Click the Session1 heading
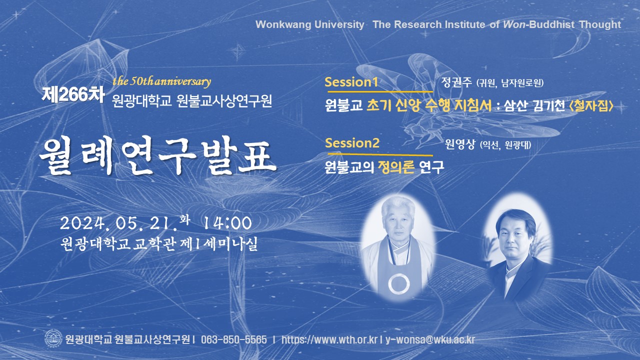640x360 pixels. click(351, 82)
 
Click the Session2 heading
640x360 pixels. click(352, 142)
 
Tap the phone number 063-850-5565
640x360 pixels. click(233, 339)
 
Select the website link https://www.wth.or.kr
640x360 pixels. click(329, 339)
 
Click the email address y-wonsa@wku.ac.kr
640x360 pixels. click(430, 339)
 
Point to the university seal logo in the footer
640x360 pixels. click(53, 339)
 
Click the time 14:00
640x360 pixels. click(227, 223)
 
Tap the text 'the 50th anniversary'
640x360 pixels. click(161, 81)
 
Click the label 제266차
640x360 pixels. click(73, 94)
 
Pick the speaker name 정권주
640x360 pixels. click(456, 82)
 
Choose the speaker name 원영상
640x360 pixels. click(460, 144)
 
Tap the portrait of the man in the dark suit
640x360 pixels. click(517, 246)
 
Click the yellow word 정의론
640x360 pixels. click(396, 167)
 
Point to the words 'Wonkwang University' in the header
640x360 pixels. click(310, 24)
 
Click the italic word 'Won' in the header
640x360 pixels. click(514, 24)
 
